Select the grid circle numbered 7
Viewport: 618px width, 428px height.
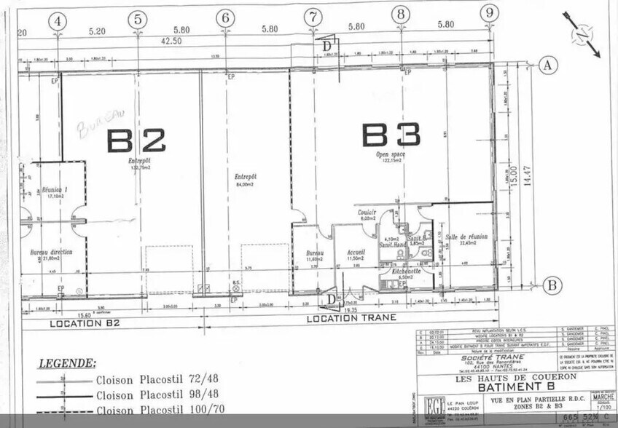(313, 16)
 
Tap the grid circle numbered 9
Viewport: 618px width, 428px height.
(490, 12)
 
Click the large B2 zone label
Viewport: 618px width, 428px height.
(136, 140)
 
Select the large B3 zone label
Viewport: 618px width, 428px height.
(391, 135)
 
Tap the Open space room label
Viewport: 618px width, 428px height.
(391, 155)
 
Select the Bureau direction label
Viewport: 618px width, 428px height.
(51, 252)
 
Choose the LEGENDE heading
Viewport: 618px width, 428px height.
(66, 362)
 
